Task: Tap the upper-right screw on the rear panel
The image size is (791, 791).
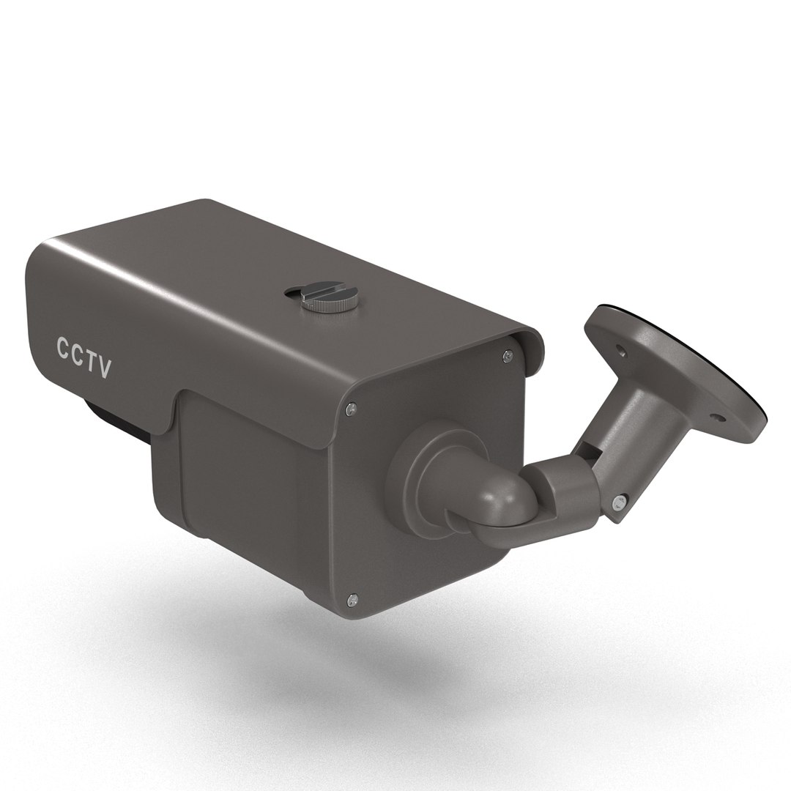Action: click(508, 356)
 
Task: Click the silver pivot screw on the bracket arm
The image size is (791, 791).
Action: click(620, 502)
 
